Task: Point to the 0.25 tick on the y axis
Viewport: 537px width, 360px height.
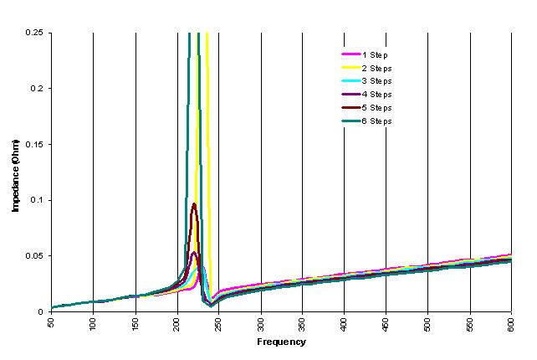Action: [x=36, y=33]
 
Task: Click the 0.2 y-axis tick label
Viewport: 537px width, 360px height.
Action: [x=38, y=89]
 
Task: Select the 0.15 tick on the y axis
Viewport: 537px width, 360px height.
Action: [x=36, y=145]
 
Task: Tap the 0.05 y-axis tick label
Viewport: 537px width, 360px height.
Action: [x=36, y=256]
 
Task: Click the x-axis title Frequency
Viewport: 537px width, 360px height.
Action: [x=282, y=342]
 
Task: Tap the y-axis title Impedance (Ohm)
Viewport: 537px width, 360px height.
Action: [x=15, y=172]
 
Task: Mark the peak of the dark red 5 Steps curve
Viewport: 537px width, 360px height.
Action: [x=194, y=204]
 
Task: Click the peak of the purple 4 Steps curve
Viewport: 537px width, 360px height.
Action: [x=195, y=253]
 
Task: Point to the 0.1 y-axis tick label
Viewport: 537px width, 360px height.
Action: [x=38, y=200]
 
